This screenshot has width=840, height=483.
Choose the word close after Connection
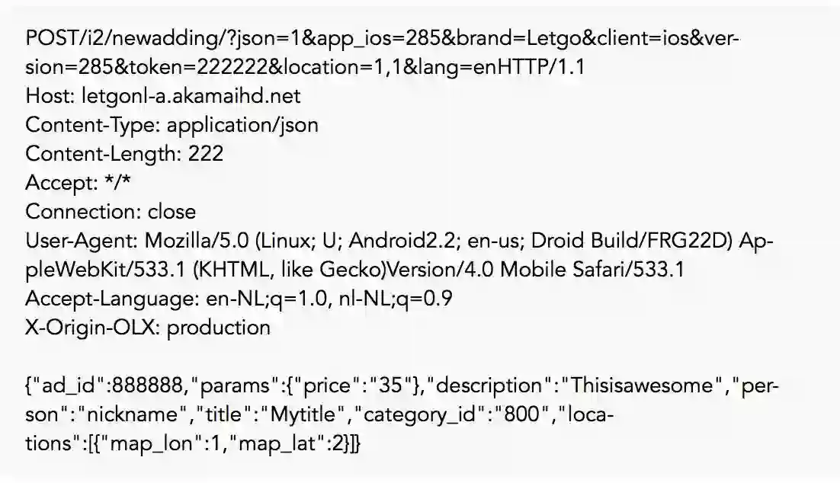172,211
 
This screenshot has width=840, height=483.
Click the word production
219,327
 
